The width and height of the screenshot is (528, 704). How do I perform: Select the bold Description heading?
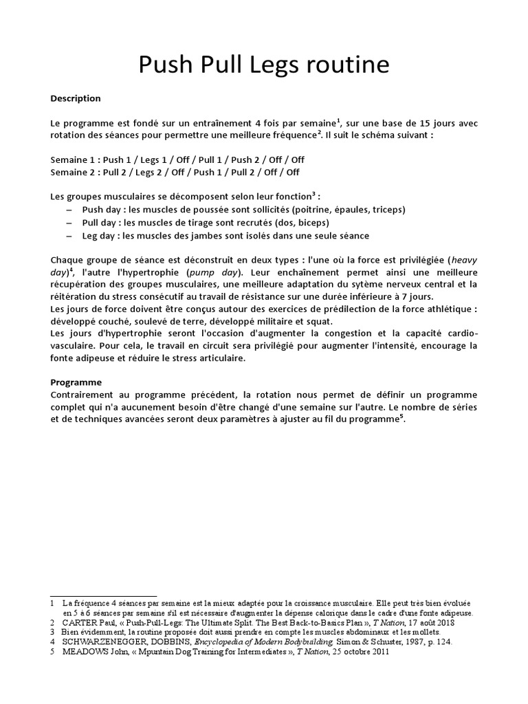(x=76, y=98)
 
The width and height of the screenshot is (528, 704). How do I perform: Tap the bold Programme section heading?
(x=76, y=382)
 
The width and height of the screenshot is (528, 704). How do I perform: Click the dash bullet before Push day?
(x=70, y=210)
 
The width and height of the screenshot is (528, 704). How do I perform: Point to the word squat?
(x=320, y=321)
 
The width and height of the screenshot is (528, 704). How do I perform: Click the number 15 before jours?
(x=419, y=122)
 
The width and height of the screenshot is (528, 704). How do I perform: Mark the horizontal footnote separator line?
(x=104, y=596)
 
